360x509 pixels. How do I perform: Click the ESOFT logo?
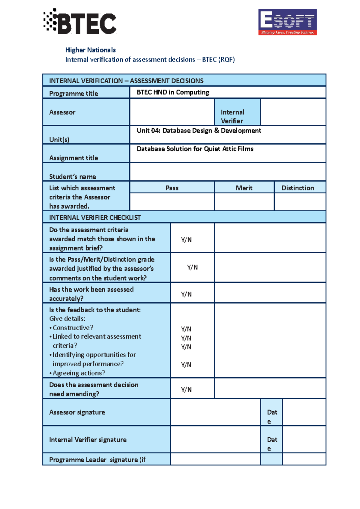(287, 22)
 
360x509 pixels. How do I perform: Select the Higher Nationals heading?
(90, 50)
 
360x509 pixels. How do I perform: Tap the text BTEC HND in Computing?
(173, 92)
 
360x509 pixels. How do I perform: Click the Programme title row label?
(73, 94)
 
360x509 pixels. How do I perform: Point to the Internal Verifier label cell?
(237, 116)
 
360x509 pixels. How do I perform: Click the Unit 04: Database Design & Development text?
(199, 131)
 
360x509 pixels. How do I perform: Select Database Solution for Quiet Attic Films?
(195, 149)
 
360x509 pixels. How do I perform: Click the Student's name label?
(72, 177)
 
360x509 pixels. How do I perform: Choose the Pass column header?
(172, 188)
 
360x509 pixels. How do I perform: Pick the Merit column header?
(244, 188)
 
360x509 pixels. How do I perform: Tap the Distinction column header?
(298, 188)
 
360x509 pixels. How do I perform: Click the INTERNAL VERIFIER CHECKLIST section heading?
(95, 218)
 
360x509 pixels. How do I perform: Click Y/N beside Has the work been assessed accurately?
(186, 294)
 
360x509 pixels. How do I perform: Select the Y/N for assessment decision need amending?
(186, 389)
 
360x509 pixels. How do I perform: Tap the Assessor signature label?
(77, 412)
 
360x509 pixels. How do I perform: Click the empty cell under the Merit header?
(244, 202)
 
